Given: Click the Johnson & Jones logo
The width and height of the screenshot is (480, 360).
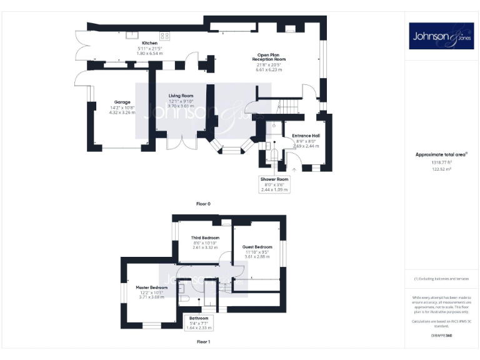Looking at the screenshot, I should click(441, 36).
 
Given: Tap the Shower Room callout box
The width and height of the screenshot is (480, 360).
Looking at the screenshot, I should click(274, 184).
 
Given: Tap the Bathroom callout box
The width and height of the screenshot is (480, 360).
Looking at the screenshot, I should click(200, 322).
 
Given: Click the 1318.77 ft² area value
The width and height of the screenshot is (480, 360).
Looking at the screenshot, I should click(442, 161).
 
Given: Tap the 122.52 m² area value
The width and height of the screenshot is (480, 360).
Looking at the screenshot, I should click(442, 169).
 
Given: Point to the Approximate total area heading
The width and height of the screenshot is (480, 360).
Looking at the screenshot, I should click(441, 154).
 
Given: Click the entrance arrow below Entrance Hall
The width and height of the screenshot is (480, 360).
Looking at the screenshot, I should click(294, 169).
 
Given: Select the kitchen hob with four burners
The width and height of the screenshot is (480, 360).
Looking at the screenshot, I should click(164, 36).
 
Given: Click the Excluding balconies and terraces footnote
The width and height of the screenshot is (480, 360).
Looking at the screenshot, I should click(441, 279).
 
